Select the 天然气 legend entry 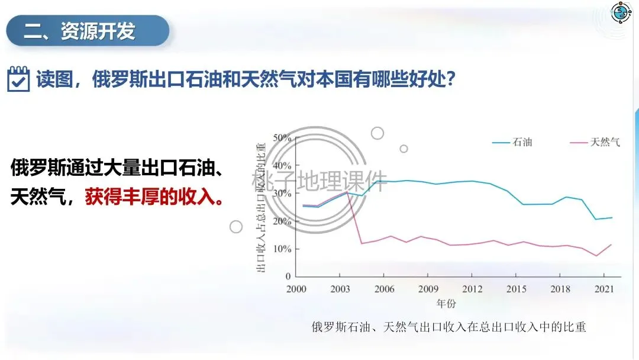(x=595, y=142)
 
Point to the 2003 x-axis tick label (x=340, y=289)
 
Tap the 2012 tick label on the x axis (x=472, y=289)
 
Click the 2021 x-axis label (x=604, y=289)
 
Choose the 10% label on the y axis (x=282, y=249)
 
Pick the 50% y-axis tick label (x=282, y=138)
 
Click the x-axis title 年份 (x=446, y=303)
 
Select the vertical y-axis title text (x=261, y=207)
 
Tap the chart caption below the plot (x=448, y=327)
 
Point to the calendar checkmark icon (x=18, y=79)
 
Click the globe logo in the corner (x=621, y=12)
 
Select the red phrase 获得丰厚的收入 (x=154, y=197)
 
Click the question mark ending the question (x=450, y=78)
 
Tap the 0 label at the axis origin (x=288, y=277)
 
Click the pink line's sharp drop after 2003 (x=354, y=217)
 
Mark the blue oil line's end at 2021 (x=612, y=218)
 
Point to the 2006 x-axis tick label (x=385, y=289)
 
